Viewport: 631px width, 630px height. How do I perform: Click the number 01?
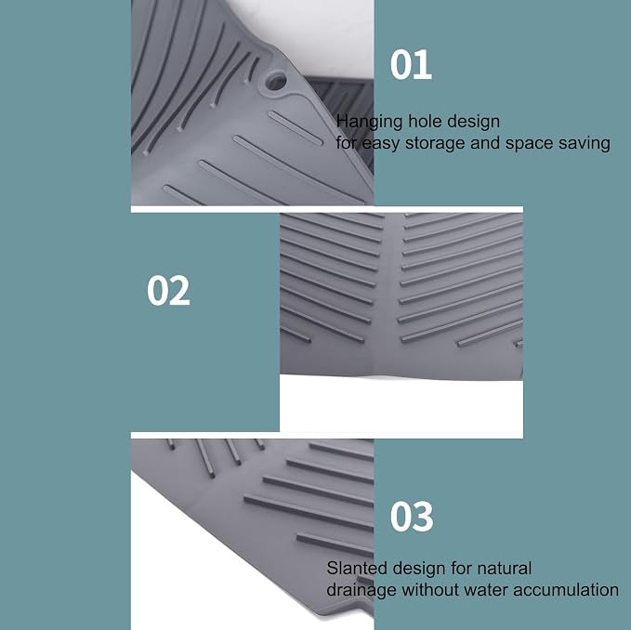point(411,65)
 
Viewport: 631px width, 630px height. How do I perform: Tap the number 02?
point(168,291)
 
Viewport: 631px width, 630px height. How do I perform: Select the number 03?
point(412,517)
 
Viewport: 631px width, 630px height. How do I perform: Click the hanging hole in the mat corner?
point(276,81)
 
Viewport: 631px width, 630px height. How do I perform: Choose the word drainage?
point(362,591)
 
